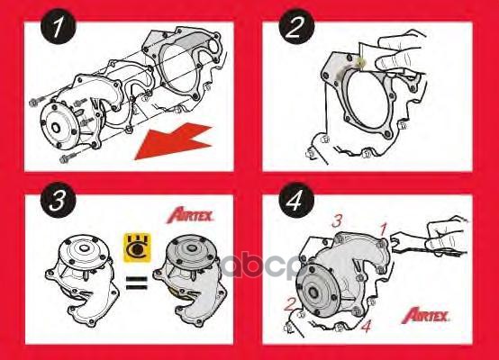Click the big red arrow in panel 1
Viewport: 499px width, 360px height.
point(172,140)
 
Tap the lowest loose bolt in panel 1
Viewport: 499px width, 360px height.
point(67,160)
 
